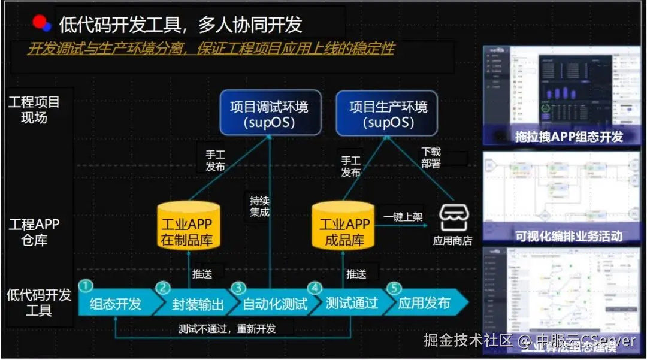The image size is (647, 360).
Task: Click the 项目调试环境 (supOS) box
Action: (269, 114)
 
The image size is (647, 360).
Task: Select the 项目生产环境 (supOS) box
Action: (388, 114)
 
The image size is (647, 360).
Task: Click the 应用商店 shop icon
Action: (452, 219)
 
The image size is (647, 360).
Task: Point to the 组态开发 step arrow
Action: (116, 303)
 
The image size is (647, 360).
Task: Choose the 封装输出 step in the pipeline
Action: (198, 304)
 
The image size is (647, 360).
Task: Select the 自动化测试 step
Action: (274, 304)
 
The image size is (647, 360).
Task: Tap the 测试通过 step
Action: (352, 303)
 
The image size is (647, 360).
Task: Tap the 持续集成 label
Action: (259, 206)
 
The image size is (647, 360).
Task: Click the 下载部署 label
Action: (431, 158)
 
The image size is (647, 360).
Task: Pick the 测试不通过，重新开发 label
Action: (227, 328)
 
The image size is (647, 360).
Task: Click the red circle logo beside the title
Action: (40, 23)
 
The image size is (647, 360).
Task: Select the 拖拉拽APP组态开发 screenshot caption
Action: (569, 136)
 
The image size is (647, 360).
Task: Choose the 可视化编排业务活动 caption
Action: (569, 235)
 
